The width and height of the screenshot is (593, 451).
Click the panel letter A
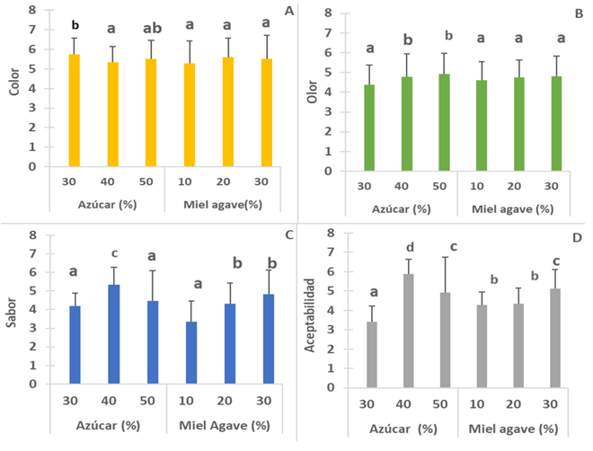(x=288, y=11)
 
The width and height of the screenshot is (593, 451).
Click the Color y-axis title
(x=12, y=88)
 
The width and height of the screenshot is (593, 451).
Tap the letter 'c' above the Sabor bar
(x=113, y=252)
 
